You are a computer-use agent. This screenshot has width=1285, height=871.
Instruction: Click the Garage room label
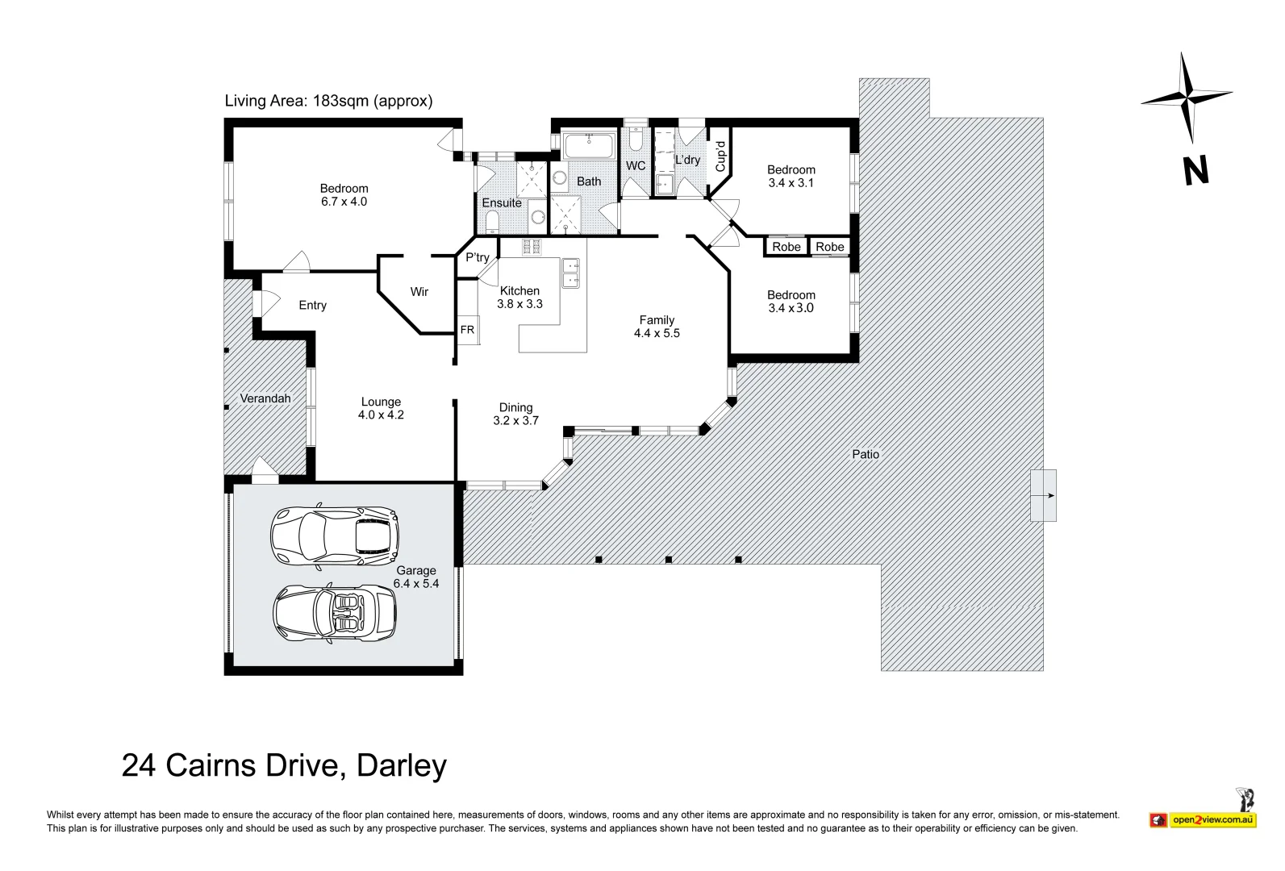coord(415,571)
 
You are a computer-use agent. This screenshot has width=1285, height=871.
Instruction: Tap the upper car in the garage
coord(334,535)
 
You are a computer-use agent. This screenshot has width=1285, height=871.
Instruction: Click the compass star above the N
coord(1186,97)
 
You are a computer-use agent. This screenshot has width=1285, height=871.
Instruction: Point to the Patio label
coord(866,454)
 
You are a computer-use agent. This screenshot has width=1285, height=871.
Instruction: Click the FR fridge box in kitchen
coord(467,330)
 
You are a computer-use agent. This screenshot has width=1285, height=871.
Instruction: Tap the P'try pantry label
coord(477,257)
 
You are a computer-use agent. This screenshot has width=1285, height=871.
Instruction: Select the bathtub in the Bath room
coord(589,147)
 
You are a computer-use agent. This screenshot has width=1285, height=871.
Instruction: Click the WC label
coord(636,166)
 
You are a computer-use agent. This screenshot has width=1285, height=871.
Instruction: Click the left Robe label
coord(786,247)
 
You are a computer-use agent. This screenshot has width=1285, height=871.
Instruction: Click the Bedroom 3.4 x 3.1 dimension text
coord(791,183)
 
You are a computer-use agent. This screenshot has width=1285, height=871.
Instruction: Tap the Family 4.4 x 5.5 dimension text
coord(657,333)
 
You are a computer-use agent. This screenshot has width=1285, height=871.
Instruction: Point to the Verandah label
coord(265,398)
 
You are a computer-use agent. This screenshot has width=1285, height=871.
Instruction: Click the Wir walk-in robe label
coord(419,292)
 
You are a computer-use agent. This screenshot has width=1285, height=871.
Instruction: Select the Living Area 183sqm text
coord(328,101)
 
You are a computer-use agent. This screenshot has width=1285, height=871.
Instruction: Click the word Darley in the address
coord(402,765)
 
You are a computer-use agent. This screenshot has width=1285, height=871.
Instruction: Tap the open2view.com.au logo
coord(1212,820)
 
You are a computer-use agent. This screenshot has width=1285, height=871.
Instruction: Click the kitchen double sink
coord(571,273)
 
